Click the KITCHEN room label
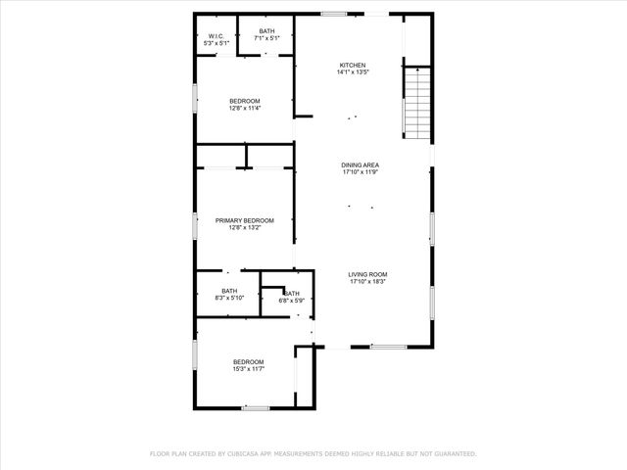point(352,66)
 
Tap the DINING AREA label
point(361,164)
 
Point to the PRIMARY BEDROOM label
point(245,221)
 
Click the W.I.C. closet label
point(216,37)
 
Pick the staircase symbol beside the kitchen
point(417,102)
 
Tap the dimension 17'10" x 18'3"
point(368,282)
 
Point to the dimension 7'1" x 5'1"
point(266,38)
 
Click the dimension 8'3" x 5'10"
point(229,298)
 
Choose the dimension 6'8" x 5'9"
point(292,301)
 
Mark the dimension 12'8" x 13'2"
point(245,228)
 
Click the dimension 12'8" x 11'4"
point(245,109)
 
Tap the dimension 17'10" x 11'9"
point(361,171)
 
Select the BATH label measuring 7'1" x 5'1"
point(266,31)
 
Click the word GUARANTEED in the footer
point(452,454)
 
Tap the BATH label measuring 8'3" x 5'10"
point(229,291)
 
